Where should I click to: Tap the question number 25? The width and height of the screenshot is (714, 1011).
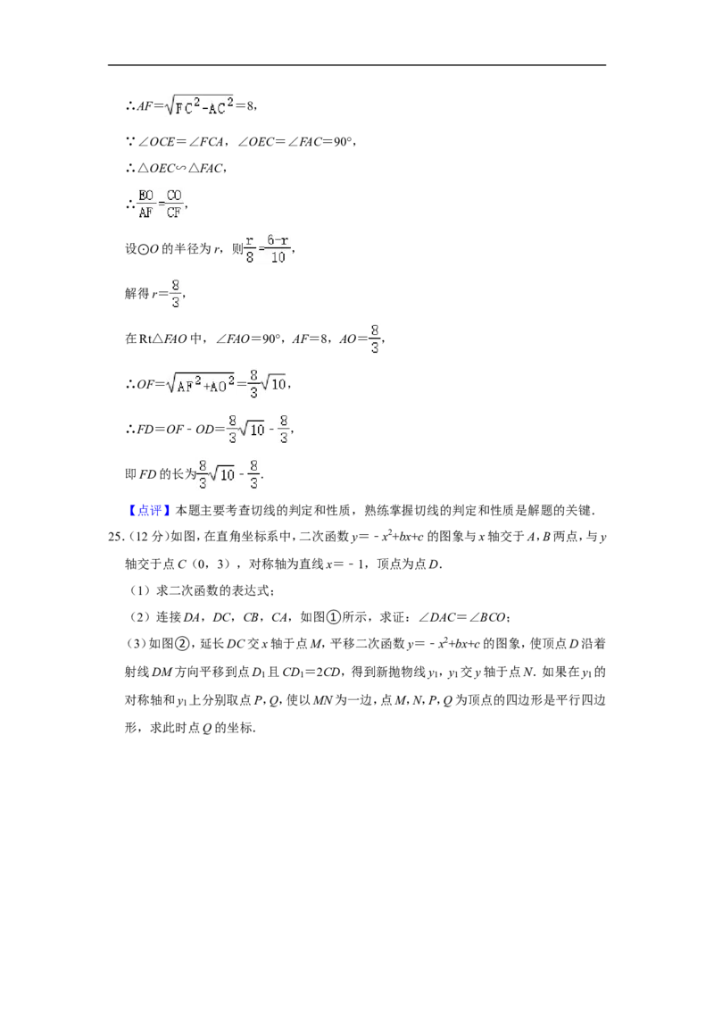point(115,537)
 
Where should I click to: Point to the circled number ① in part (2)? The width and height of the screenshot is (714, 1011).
point(333,618)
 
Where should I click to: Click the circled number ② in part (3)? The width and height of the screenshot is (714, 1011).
point(183,644)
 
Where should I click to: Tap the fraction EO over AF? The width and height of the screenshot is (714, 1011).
point(145,204)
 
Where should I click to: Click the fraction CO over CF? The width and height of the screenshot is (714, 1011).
point(174,204)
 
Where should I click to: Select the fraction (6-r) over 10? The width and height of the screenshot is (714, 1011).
point(278,249)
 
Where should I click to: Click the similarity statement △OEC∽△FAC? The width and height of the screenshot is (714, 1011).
point(179,168)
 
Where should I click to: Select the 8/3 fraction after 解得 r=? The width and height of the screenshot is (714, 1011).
point(175,293)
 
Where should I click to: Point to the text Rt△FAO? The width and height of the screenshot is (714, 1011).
point(163,339)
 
